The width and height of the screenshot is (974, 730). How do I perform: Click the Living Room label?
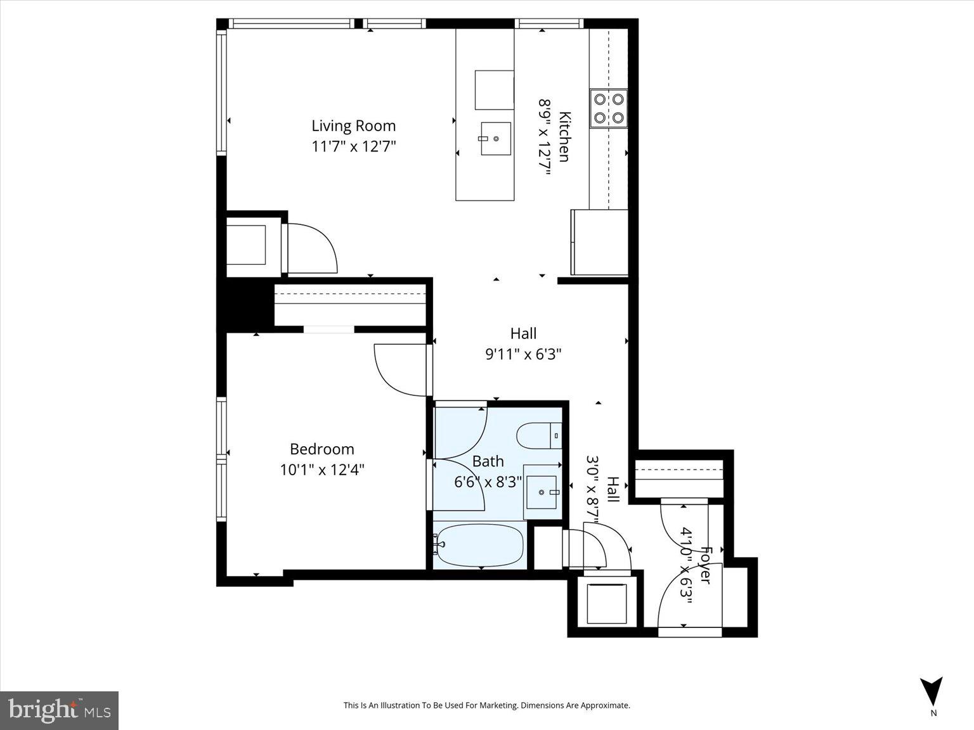coord(353,126)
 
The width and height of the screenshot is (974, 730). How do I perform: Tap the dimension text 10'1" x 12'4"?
coord(321,470)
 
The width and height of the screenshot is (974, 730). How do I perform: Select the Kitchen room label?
coord(564,136)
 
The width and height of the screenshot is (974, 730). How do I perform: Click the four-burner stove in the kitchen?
coord(608,108)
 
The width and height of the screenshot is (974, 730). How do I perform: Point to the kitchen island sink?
coord(496,139)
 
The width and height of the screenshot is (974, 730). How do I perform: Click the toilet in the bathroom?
coord(539,436)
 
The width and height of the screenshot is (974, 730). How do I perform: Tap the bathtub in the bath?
coord(479,546)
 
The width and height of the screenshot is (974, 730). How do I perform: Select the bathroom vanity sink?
coord(542,492)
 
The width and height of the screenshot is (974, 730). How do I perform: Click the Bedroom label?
coord(321,449)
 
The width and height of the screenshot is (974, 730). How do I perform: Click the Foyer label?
coord(705,565)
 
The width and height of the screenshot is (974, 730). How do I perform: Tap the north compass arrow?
coord(931,691)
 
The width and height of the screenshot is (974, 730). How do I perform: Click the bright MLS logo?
coord(59,710)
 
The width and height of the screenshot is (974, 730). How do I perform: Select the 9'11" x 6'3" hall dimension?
coord(523,354)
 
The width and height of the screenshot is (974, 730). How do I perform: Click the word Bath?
coord(488,461)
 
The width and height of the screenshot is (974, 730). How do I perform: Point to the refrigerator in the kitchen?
coord(599,242)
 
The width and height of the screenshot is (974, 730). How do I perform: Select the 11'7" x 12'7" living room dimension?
coord(353,146)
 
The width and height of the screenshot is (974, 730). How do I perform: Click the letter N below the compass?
coord(933,713)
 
